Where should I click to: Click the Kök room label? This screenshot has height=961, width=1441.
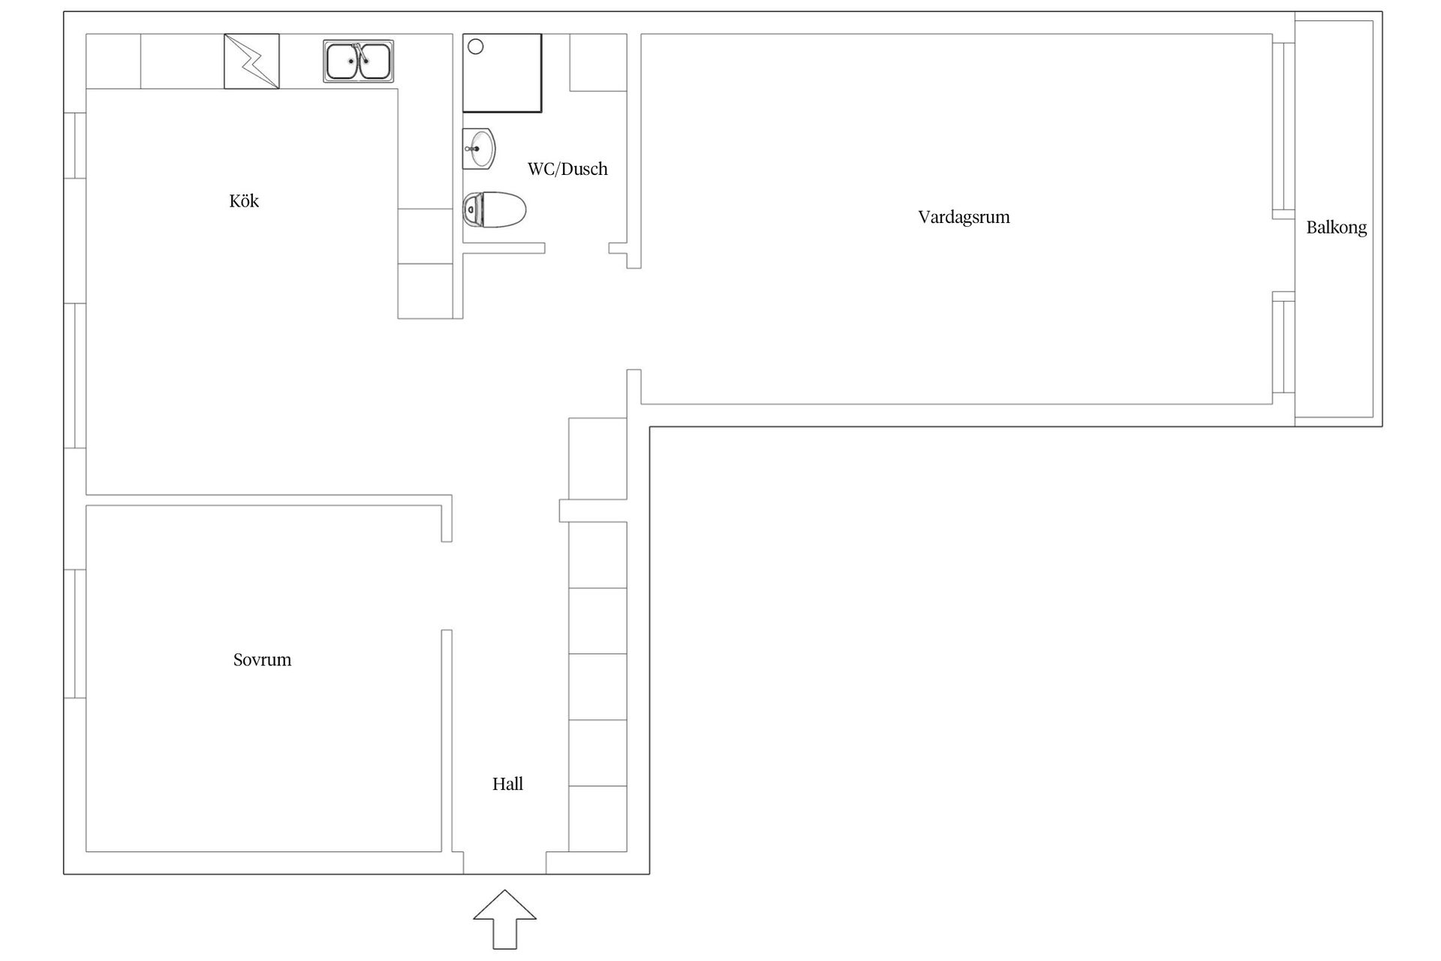coord(244,201)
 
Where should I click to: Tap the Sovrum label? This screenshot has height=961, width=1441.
coord(262,660)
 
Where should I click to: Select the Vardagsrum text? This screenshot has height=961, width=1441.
coord(964,218)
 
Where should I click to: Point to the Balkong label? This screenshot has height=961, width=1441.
coord(1336,228)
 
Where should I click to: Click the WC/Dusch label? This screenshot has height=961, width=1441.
coord(567,169)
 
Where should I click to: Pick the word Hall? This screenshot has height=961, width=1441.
coord(507,785)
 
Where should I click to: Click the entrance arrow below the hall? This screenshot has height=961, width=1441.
coord(504,919)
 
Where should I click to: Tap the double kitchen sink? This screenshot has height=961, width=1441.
coord(359,61)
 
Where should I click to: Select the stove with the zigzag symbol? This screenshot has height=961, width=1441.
coord(251,61)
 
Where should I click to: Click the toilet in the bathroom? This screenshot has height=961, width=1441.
coord(494,209)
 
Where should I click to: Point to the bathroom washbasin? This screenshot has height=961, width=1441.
coord(479,149)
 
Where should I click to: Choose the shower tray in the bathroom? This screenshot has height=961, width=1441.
coord(502,73)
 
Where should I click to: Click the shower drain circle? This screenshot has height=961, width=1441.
coord(476,47)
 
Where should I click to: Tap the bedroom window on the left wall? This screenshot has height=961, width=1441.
coord(75,634)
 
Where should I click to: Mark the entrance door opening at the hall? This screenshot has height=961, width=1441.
coord(504,863)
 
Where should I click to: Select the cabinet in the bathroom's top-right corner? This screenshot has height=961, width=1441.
coord(598,62)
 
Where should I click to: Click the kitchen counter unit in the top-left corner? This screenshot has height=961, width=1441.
coord(114,61)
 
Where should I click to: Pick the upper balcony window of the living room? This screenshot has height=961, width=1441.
coord(1283,125)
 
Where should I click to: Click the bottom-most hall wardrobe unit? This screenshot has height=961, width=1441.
coord(598,819)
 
